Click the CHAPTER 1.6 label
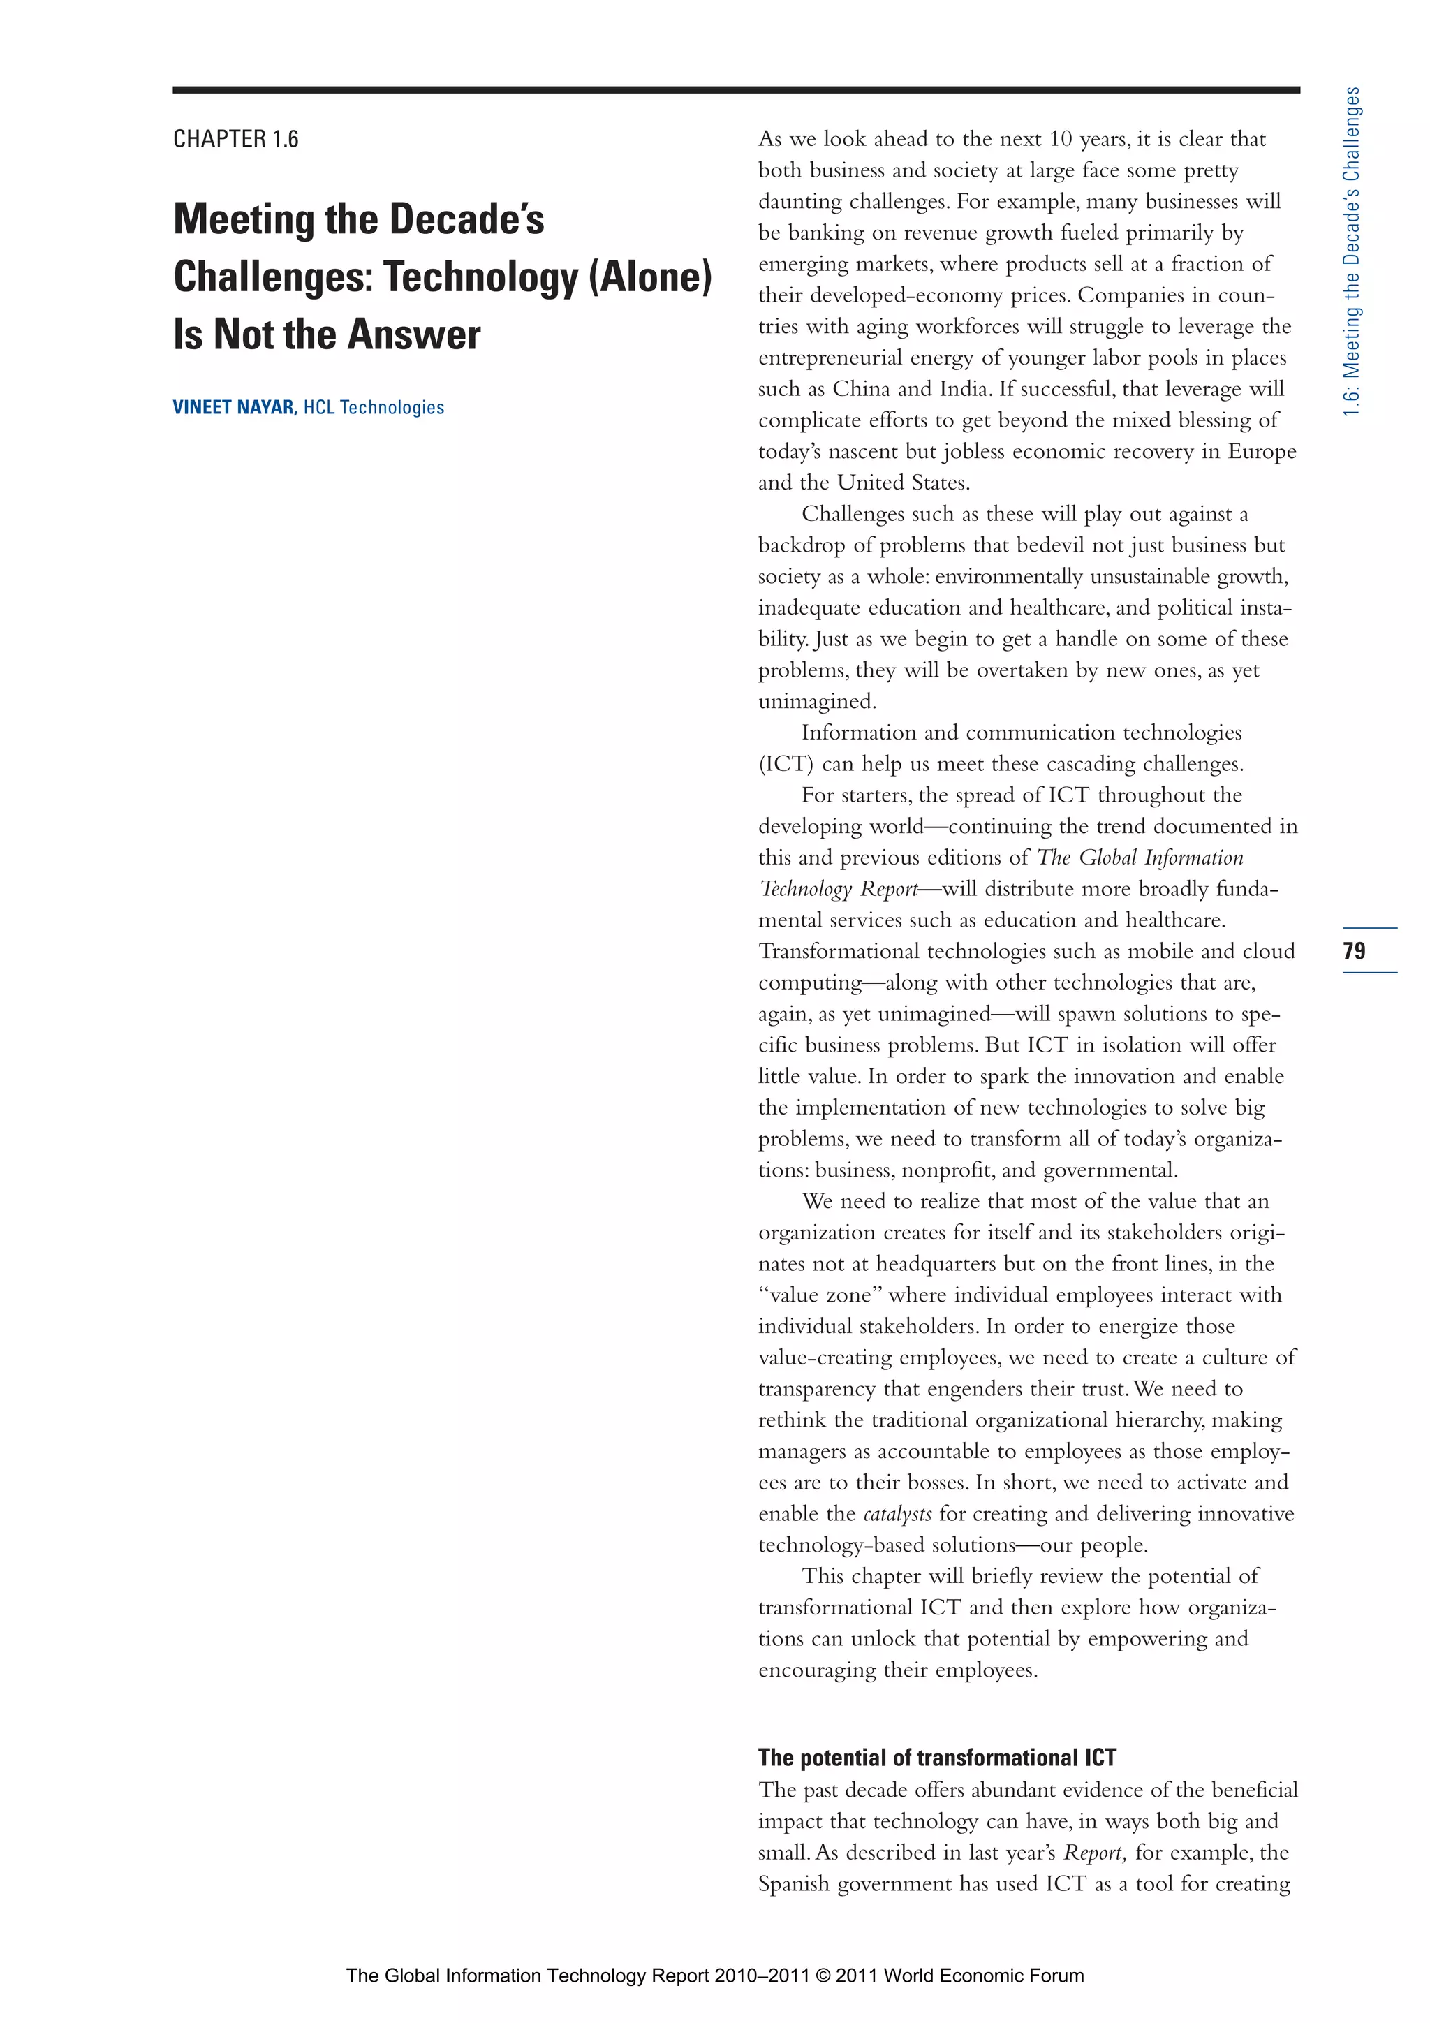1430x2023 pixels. pos(235,139)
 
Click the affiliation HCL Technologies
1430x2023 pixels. pos(374,407)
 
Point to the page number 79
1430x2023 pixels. pos(1354,950)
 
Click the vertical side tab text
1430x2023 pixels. pos(1352,251)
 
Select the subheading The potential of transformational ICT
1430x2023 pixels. pos(936,1757)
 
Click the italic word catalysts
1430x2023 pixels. pos(897,1514)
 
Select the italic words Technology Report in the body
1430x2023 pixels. pos(837,889)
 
